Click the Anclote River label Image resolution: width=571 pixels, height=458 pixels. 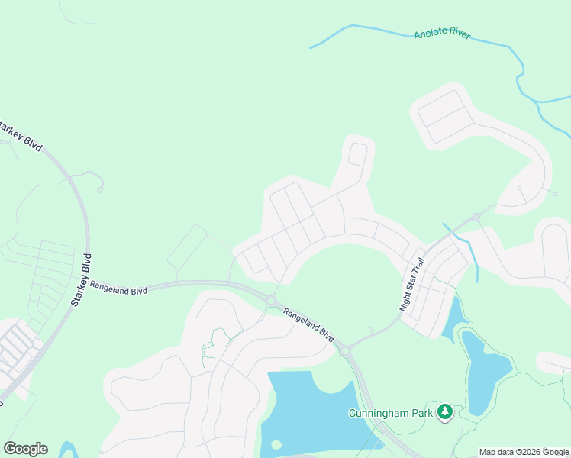pos(443,34)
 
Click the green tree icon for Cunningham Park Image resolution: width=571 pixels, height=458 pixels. pos(445,413)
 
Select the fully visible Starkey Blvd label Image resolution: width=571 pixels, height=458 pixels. pos(81,280)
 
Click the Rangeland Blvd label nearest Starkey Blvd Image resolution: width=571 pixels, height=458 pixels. pos(118,287)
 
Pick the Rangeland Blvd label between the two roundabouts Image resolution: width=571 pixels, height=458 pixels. pos(309,324)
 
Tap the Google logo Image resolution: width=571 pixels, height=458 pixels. pos(25,449)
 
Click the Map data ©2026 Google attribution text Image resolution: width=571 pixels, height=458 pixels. pos(524,453)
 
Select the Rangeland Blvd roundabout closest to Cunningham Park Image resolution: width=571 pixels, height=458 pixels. pos(345,351)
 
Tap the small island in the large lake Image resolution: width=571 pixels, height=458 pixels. pos(276,443)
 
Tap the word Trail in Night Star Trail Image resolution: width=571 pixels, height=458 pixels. pos(418,266)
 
